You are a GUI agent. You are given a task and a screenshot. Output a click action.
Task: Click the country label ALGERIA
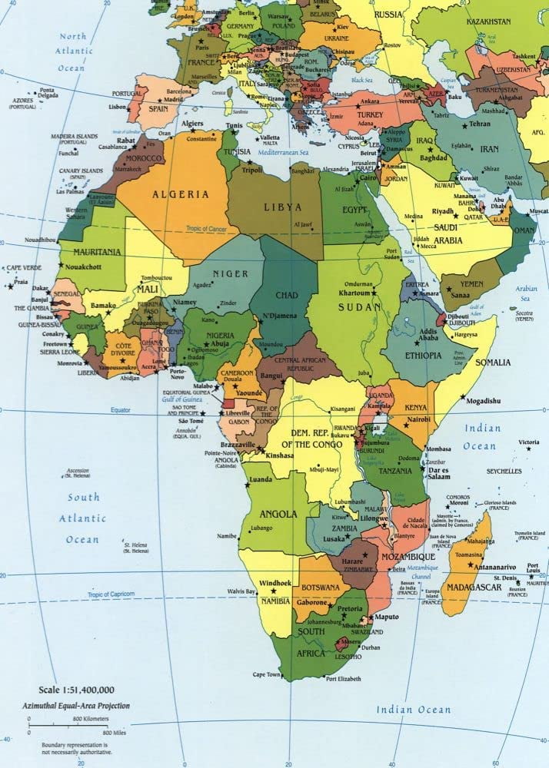tap(181, 194)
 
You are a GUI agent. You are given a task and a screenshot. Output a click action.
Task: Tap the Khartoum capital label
tap(355, 293)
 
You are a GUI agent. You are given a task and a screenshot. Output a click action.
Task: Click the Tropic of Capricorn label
tap(111, 594)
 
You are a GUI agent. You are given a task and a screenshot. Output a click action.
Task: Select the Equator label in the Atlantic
tap(121, 410)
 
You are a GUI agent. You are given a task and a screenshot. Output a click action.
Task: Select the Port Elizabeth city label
tap(342, 678)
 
